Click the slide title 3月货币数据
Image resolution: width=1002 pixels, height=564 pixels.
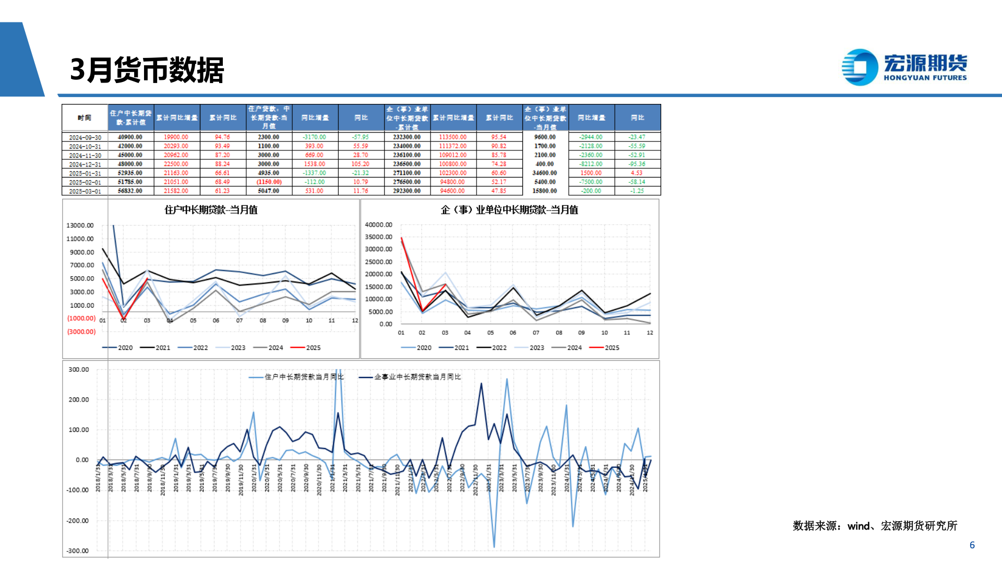click(147, 70)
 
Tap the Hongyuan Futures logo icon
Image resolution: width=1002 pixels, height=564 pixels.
click(860, 67)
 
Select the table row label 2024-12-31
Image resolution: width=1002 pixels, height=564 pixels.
click(85, 164)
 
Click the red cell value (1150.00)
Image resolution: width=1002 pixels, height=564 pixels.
click(269, 182)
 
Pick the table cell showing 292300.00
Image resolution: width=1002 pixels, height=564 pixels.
click(407, 191)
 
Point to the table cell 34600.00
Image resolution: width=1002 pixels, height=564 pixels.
click(544, 173)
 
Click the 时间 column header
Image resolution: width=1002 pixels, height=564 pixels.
click(85, 118)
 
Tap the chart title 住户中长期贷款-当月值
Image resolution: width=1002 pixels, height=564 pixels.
click(211, 210)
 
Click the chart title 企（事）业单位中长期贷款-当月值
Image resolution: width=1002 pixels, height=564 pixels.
click(509, 210)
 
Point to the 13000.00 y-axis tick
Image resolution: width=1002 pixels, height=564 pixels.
click(80, 226)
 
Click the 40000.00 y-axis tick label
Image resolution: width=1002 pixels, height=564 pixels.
click(378, 225)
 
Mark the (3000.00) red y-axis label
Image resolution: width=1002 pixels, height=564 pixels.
click(81, 332)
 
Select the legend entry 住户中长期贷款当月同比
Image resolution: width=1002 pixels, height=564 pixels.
click(297, 377)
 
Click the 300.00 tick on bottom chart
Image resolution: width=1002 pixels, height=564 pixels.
click(79, 370)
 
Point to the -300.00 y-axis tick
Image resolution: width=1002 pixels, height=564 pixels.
click(78, 551)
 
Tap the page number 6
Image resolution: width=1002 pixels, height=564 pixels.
click(972, 545)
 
